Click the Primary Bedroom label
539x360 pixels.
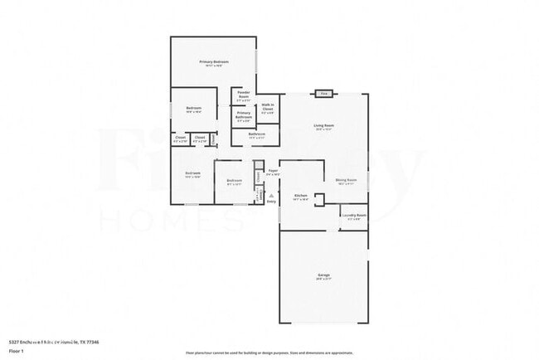coord(214,62)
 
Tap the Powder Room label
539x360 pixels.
coord(244,93)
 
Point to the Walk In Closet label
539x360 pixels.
coord(268,107)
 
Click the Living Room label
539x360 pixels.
coord(324,126)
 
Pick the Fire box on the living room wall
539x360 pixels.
coord(324,94)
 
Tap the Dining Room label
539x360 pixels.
coord(346,180)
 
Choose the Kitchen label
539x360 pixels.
coord(300,196)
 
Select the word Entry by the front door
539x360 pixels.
coord(271,202)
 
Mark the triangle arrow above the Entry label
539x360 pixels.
coord(271,195)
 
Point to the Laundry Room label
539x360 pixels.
coord(354,216)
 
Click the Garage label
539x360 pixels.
coord(323,275)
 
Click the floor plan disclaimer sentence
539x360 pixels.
coord(269,352)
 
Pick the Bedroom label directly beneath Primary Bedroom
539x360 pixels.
coord(194,109)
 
